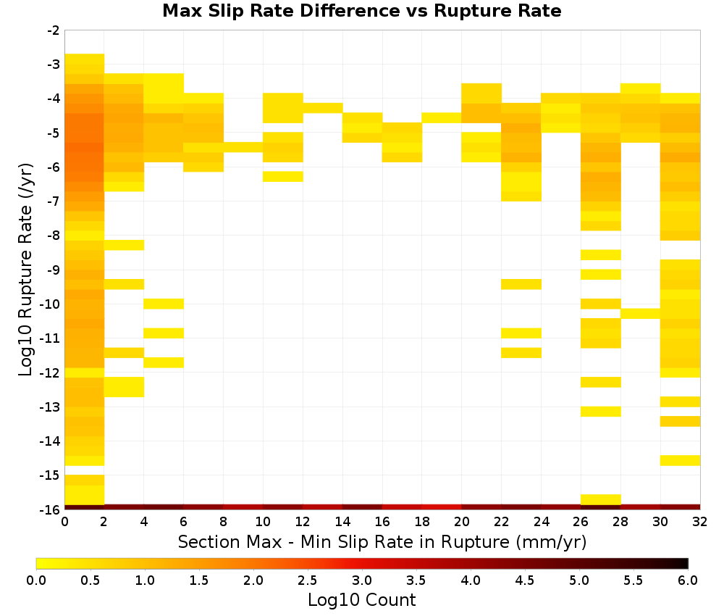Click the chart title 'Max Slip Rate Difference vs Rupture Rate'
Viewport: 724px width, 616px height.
(361, 10)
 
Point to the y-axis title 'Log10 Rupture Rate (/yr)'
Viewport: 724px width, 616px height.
(26, 270)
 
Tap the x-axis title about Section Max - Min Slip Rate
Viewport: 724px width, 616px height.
(382, 541)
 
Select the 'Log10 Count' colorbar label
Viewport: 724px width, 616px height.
(361, 600)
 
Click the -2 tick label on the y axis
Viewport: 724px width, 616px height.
(54, 30)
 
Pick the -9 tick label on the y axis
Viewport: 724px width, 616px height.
(54, 270)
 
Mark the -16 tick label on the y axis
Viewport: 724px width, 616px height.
(51, 509)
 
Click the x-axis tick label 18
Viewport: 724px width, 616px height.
(421, 522)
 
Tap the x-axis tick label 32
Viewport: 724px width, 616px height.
(700, 522)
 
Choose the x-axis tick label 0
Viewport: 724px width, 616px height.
(64, 522)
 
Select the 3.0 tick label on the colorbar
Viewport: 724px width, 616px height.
(362, 580)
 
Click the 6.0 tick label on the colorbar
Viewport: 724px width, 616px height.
(688, 580)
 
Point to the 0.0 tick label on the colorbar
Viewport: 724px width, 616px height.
(36, 580)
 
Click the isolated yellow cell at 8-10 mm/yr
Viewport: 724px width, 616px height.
(243, 147)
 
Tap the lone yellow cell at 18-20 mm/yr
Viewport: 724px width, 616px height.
(442, 118)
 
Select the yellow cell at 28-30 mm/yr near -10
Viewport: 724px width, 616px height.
(641, 313)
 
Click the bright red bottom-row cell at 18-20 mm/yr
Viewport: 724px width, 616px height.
(442, 507)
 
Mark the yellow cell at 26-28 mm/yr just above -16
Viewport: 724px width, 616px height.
(601, 499)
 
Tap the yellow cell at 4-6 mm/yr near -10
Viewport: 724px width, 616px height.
(164, 304)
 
